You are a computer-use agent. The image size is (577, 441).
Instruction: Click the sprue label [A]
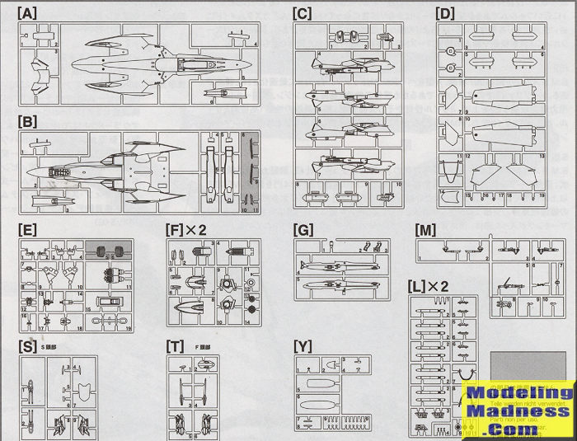tap(27, 14)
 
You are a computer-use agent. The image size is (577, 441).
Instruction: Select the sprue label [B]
tap(27, 122)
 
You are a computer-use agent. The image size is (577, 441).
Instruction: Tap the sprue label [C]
tap(302, 14)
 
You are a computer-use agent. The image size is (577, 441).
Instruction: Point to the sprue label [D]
tap(445, 14)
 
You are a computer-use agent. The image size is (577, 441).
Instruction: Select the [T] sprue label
tap(174, 345)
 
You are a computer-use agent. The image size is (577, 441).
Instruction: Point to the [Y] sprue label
tap(303, 345)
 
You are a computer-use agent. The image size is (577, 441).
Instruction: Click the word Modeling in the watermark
tap(518, 393)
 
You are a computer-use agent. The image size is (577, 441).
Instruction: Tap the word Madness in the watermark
tap(518, 411)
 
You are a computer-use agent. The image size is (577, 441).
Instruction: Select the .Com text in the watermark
tap(518, 429)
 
